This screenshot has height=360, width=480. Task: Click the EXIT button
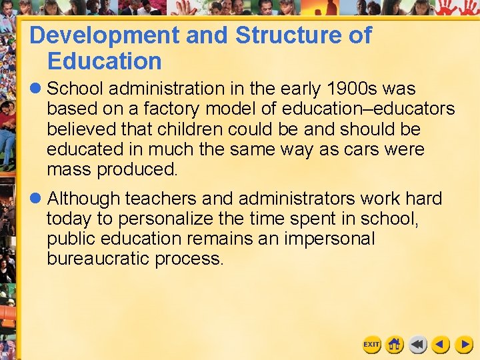pos(371,345)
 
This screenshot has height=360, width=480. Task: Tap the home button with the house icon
pos(395,345)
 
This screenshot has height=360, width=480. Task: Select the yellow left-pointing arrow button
pos(441,345)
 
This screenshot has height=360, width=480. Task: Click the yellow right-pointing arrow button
pos(464,345)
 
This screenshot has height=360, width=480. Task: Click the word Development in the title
pos(104,35)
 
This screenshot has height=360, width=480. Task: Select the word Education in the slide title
pos(105,61)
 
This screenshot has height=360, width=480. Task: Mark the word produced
pos(137,169)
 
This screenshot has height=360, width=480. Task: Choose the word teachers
pos(161,199)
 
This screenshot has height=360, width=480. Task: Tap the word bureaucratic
pos(98,259)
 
